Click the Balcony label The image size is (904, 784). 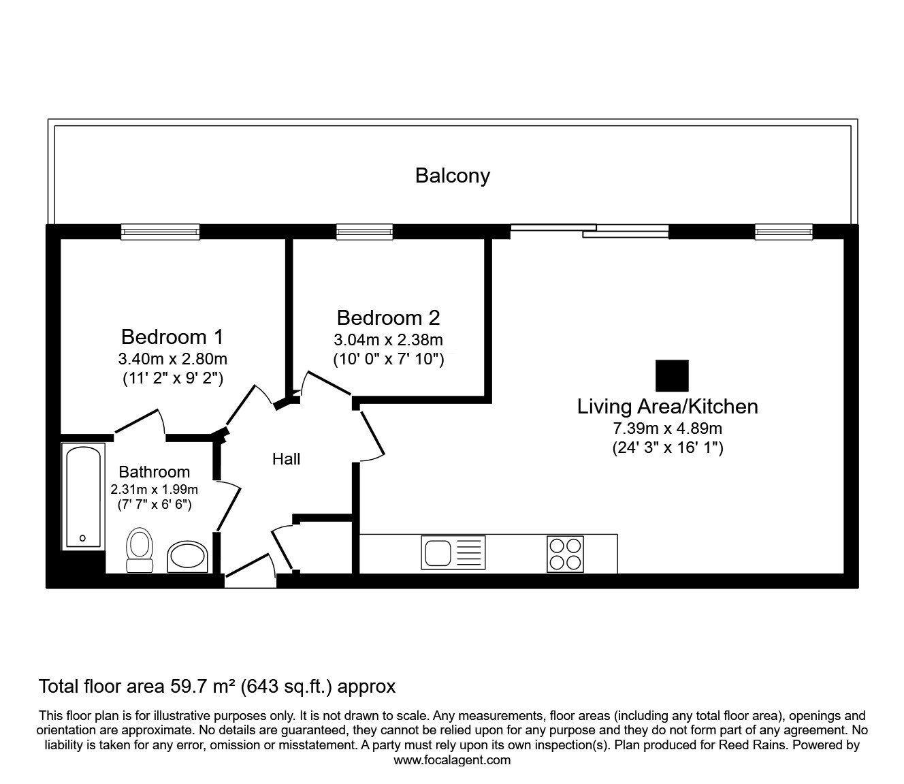pyautogui.click(x=452, y=176)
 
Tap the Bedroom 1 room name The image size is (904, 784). pyautogui.click(x=172, y=337)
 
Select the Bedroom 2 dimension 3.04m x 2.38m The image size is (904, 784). pyautogui.click(x=389, y=340)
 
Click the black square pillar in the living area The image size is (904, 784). pyautogui.click(x=672, y=375)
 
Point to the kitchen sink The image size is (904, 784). pyautogui.click(x=453, y=552)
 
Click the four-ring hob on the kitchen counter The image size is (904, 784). pyautogui.click(x=565, y=554)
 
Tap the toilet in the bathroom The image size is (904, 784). pyautogui.click(x=140, y=550)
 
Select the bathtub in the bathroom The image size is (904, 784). pyautogui.click(x=83, y=496)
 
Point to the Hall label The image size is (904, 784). pyautogui.click(x=286, y=459)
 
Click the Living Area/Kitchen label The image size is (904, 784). pyautogui.click(x=667, y=407)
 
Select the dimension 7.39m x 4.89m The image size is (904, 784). pyautogui.click(x=667, y=428)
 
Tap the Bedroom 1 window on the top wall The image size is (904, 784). pyautogui.click(x=160, y=232)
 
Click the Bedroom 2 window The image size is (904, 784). pyautogui.click(x=364, y=232)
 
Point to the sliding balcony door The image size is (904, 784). pyautogui.click(x=590, y=231)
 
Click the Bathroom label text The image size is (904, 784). pyautogui.click(x=155, y=472)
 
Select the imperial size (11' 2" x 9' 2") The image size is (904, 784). pyautogui.click(x=173, y=378)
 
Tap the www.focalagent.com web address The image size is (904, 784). pyautogui.click(x=452, y=760)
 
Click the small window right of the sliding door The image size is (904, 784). pyautogui.click(x=784, y=232)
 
